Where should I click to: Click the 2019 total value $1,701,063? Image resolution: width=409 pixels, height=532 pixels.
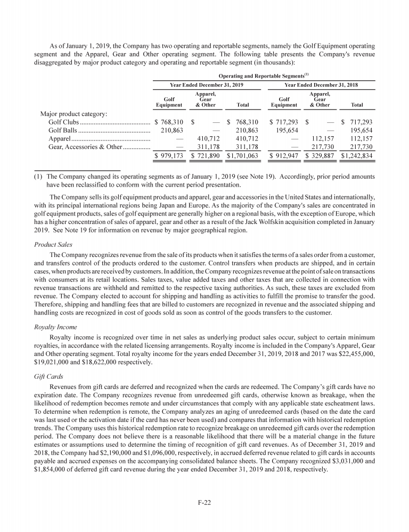[242, 156]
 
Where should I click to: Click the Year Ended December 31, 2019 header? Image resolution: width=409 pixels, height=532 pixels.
[206, 85]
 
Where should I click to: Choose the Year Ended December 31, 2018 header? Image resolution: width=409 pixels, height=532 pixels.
[322, 85]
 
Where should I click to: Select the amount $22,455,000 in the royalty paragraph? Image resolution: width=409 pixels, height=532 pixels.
[353, 355]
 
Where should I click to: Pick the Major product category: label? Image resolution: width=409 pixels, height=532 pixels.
[74, 114]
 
